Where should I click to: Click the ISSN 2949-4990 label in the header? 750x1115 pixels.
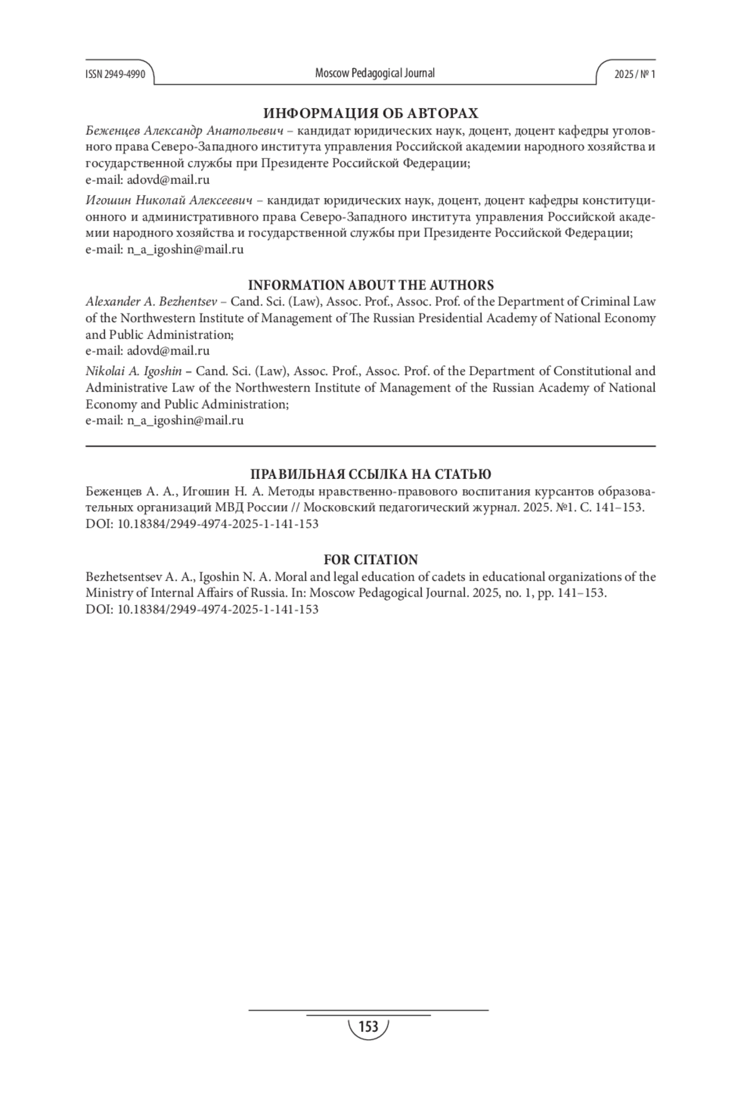coord(115,74)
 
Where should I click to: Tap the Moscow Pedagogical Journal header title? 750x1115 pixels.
coord(374,73)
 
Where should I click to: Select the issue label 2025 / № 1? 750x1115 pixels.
coord(634,74)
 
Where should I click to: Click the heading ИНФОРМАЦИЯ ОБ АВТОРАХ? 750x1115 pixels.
coord(371,113)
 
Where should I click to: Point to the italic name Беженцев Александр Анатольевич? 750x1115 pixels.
coord(184,131)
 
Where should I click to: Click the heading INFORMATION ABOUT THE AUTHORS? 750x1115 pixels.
coord(371,285)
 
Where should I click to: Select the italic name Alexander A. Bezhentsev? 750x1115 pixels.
coord(151,301)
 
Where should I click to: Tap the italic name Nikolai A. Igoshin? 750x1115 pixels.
coord(134,371)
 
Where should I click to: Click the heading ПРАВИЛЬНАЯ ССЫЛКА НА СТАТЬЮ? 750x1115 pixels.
coord(371,474)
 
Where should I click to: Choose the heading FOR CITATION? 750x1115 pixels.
coord(371,560)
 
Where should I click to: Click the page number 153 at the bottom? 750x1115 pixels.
coord(369,1027)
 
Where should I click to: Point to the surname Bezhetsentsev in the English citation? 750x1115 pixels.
coord(122,577)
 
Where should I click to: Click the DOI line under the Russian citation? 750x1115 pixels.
coord(202,524)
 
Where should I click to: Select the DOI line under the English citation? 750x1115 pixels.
coord(202,609)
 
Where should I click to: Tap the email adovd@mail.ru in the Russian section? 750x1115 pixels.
coord(168,180)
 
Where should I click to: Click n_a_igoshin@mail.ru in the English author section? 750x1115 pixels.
coord(185,420)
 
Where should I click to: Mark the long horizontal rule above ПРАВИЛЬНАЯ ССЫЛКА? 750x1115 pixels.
coord(371,446)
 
